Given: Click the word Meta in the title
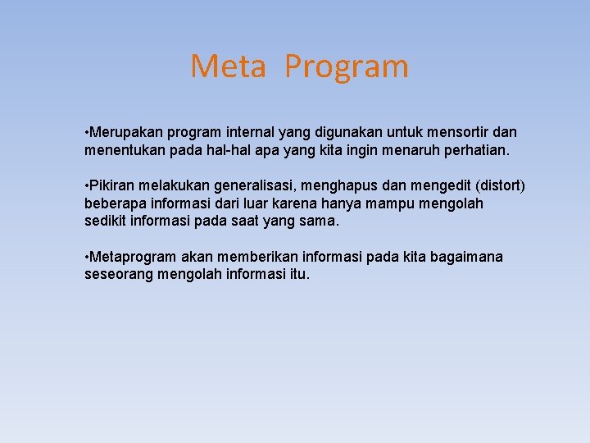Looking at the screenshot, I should pos(228,66).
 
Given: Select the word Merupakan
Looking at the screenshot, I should pos(122,132).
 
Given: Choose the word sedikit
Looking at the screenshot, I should pos(107,221).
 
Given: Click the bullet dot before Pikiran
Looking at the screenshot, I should pos(87,185).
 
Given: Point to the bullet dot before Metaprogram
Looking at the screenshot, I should pos(87,257).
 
